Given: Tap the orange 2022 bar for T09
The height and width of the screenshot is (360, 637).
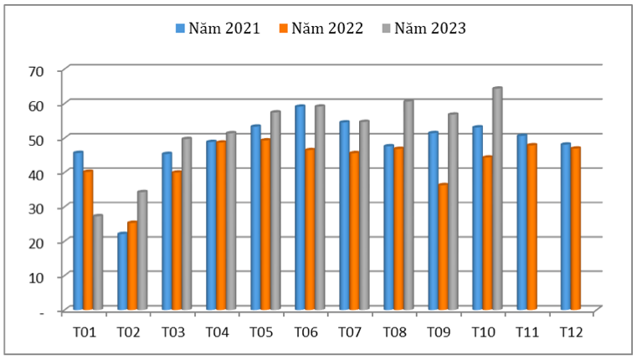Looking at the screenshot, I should point(443,247).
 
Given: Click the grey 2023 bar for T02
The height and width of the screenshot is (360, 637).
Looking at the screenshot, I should point(142,250).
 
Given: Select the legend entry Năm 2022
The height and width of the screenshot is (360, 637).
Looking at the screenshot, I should point(321,28).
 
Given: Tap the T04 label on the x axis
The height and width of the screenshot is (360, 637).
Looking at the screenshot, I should point(216,332).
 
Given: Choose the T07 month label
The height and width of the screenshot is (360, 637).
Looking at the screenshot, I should point(349,332).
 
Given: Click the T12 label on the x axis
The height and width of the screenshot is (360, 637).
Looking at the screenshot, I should point(571,332).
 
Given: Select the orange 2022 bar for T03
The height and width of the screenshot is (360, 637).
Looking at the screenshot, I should point(177,240).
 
